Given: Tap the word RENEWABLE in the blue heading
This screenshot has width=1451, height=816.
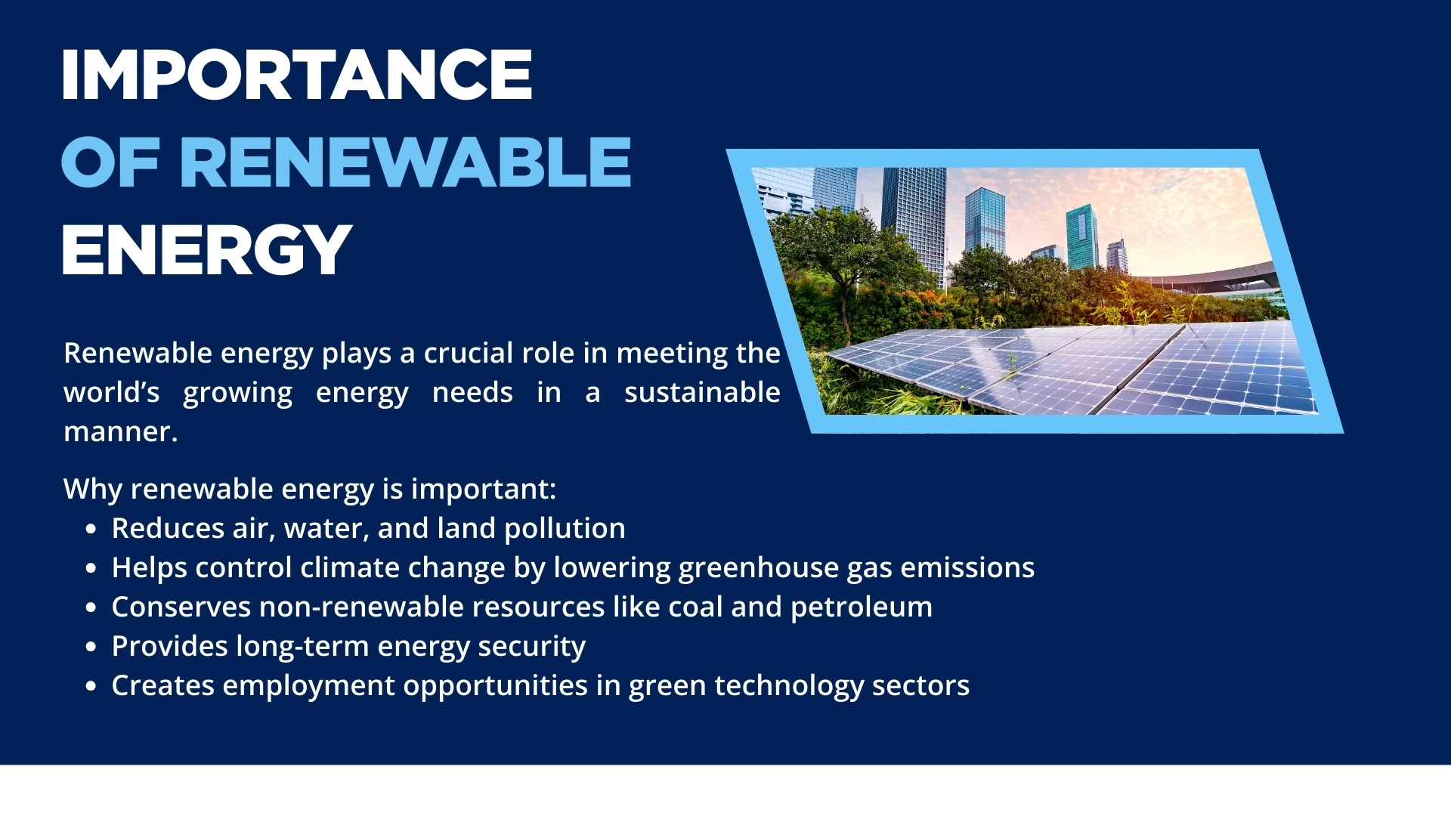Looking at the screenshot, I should click(x=405, y=162).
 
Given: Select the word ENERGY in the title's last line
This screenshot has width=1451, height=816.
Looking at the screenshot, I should click(x=207, y=250).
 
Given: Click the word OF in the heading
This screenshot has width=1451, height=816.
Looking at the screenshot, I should click(x=110, y=162).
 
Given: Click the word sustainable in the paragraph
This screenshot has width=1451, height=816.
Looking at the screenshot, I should click(x=702, y=392).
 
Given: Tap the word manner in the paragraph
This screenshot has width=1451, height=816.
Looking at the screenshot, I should click(x=117, y=431).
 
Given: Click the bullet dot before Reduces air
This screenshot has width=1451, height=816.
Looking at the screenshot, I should click(x=91, y=529).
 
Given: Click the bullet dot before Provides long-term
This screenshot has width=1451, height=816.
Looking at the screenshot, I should click(x=91, y=647).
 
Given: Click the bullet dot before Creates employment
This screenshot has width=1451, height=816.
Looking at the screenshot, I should click(x=91, y=686).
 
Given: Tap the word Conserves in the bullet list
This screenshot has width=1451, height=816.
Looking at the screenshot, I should click(x=181, y=607).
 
